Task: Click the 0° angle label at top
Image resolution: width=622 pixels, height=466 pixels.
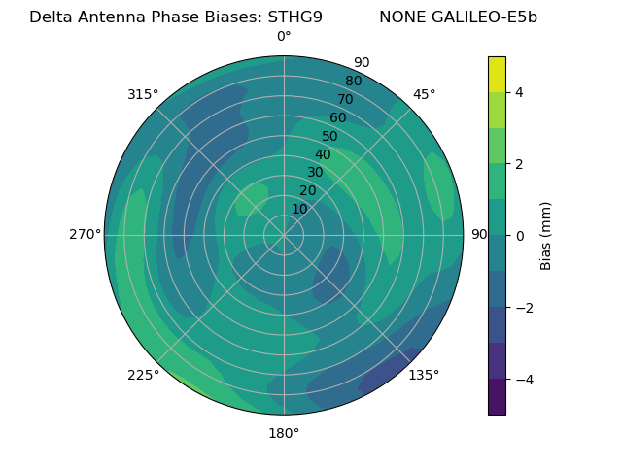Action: pos(284,37)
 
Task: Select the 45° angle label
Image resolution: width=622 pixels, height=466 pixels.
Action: pos(424,94)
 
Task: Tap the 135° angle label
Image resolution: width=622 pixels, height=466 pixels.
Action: pos(424,375)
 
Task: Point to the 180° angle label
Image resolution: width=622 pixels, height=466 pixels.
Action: pos(284,433)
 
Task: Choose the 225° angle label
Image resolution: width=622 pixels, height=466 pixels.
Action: pos(143,375)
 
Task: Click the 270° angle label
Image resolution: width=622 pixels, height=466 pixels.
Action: pos(86,234)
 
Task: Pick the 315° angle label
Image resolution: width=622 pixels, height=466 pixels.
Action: pos(143,94)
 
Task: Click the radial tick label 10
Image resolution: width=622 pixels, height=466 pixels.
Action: pos(300,209)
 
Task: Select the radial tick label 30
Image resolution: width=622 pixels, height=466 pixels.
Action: pos(315,173)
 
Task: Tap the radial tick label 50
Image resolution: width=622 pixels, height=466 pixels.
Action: pos(330,136)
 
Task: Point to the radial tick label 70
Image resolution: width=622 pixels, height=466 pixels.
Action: pos(345,99)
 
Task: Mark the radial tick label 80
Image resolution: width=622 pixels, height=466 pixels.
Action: pos(353,81)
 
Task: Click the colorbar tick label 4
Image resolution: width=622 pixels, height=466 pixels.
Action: pos(520,92)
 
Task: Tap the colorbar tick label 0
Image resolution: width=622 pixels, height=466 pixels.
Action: pos(520,236)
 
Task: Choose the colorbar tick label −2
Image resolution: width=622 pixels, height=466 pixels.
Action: pos(524,308)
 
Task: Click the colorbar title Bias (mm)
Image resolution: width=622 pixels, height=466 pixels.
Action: pos(546,236)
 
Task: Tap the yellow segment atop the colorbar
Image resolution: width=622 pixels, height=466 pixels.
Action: pos(497,74)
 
